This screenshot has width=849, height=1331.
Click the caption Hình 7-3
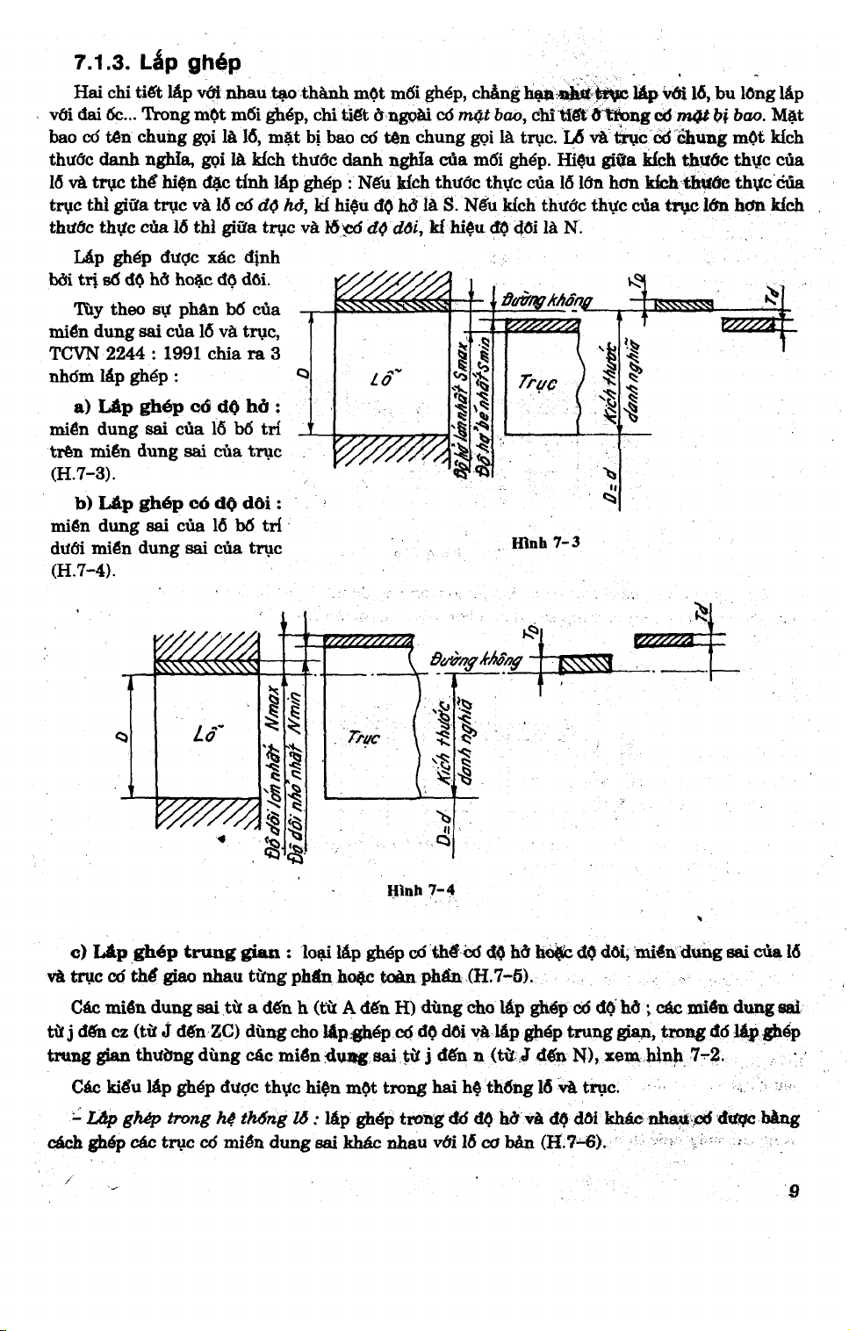[545, 542]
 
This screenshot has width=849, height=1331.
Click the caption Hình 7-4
[421, 889]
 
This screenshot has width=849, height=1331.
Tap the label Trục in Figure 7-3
[537, 383]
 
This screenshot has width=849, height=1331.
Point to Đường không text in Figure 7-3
[545, 300]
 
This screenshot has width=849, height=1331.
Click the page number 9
[794, 1191]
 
